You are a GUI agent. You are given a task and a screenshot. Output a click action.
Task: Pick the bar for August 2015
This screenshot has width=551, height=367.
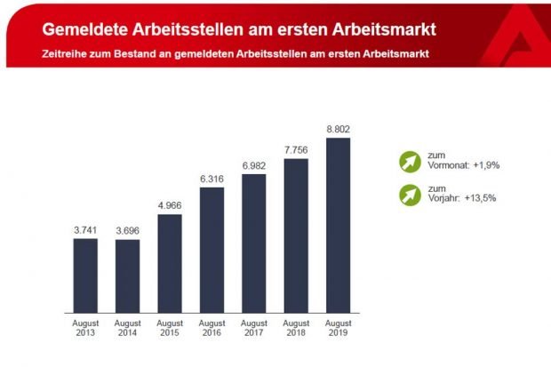(170, 265)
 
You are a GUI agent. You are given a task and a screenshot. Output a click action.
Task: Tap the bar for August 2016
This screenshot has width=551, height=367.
(212, 251)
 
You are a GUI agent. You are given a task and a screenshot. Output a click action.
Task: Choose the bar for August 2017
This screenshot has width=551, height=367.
(254, 244)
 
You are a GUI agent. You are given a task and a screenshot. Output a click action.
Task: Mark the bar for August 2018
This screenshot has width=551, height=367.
(296, 237)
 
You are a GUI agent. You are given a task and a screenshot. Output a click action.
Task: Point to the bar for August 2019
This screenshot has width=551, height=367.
(338, 227)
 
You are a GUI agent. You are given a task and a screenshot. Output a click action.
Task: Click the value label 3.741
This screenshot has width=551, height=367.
(85, 229)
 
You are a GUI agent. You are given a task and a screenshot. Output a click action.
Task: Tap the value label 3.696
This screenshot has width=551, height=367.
(127, 230)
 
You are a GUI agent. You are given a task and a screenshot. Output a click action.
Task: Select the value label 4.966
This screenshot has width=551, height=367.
(170, 205)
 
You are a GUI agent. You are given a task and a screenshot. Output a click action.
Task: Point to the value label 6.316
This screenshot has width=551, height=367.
(212, 179)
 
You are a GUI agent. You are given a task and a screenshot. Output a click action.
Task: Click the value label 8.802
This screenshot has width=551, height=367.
(338, 129)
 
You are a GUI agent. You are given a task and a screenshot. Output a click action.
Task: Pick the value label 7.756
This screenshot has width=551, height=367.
(296, 150)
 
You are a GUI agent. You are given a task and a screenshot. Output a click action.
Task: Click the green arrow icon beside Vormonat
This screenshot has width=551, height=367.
(408, 163)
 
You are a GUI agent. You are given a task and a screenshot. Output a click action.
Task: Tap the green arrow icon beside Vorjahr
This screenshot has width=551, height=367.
(408, 194)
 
